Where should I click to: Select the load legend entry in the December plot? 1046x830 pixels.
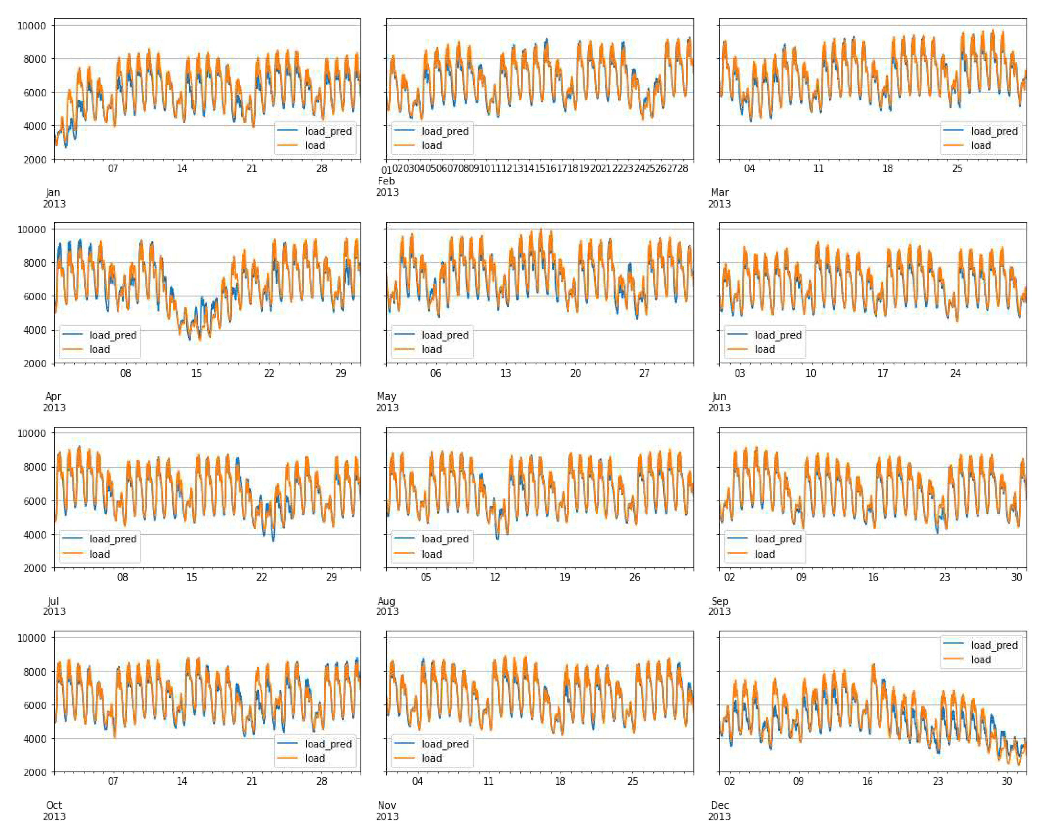click(980, 660)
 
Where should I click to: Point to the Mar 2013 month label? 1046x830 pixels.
click(719, 198)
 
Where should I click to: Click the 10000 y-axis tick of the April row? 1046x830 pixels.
click(32, 229)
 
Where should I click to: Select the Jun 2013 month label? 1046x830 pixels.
click(719, 402)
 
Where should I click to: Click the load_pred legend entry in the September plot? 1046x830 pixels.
click(778, 539)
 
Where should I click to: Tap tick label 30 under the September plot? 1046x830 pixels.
click(1016, 577)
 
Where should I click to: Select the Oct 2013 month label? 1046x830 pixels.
click(54, 810)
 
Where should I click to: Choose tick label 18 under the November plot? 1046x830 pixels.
click(560, 781)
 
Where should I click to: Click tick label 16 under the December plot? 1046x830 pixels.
click(867, 781)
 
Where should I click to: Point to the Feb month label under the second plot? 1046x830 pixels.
click(386, 181)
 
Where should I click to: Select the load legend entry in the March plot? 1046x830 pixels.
click(980, 146)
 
